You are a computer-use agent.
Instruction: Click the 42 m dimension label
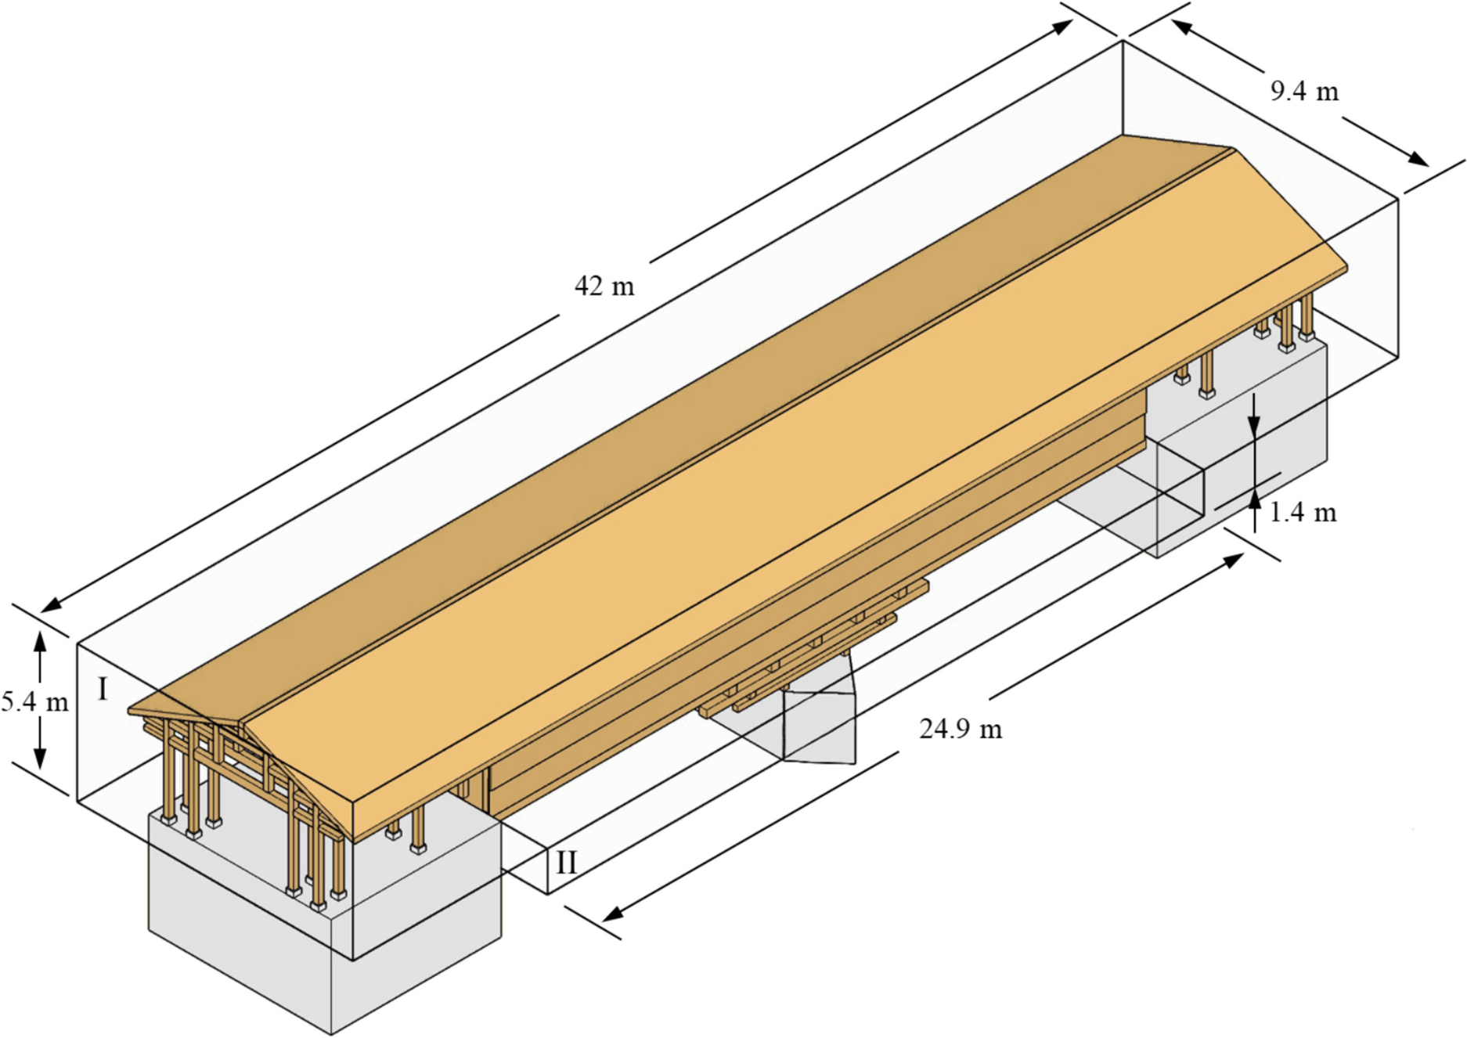(x=604, y=287)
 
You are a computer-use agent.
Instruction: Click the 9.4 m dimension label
(x=1304, y=92)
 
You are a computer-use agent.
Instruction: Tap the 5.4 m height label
(x=34, y=702)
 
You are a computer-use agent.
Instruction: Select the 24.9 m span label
(x=961, y=730)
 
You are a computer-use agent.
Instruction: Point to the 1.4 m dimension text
(x=1303, y=513)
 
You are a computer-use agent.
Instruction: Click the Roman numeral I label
(x=102, y=690)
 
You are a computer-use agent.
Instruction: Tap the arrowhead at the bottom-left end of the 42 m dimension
(x=50, y=606)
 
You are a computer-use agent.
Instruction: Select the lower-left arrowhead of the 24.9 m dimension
(x=611, y=913)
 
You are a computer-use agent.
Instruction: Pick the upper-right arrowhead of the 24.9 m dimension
(x=1235, y=558)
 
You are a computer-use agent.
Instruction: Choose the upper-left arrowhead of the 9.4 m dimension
(x=1180, y=28)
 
